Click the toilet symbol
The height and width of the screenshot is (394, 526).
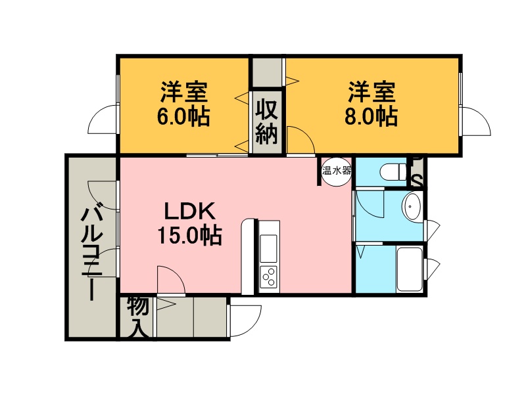(x=393, y=172)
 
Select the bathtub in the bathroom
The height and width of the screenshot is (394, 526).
(x=409, y=269)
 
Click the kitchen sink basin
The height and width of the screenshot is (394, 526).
(x=269, y=248)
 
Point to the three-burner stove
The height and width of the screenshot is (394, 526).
(x=269, y=277)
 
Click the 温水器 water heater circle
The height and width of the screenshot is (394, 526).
(x=337, y=171)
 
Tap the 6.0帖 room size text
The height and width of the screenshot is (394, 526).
(x=183, y=116)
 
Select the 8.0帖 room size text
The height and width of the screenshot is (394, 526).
(x=371, y=116)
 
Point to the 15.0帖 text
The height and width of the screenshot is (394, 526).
(x=189, y=236)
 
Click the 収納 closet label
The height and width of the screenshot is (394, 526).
(x=267, y=121)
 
